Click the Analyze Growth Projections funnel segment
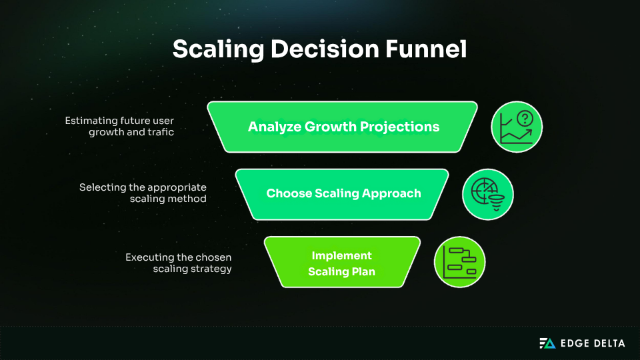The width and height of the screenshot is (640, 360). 343,127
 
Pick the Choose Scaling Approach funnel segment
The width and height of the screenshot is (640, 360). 343,194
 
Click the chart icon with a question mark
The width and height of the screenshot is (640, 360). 517,127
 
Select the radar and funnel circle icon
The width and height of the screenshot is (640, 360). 488,194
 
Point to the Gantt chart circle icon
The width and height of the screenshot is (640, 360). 460,262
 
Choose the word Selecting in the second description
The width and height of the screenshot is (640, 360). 102,187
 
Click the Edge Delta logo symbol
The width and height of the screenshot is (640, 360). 547,343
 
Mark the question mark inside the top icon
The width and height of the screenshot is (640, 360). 525,119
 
